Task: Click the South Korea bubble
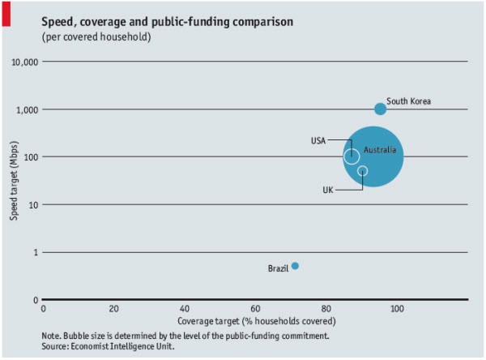coord(380,109)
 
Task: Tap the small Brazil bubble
coord(295,266)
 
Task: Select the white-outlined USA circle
coord(352,156)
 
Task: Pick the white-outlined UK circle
coord(363,171)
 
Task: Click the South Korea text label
coord(409,101)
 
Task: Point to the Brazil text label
coord(278,268)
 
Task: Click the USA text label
coord(318,140)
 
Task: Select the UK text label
coord(328,190)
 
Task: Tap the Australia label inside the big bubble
coord(380,150)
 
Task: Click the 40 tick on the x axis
coord(185,309)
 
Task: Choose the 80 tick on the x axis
coord(326,309)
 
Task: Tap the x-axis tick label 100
coord(397,309)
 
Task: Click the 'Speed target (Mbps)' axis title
coord(15,180)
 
